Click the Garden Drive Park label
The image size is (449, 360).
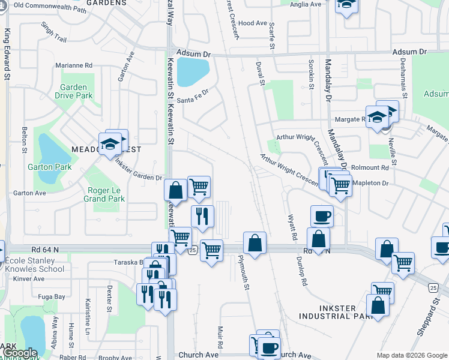pyautogui.click(x=74, y=91)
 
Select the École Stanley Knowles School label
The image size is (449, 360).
pyautogui.click(x=34, y=265)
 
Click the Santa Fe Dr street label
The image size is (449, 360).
pyautogui.click(x=196, y=93)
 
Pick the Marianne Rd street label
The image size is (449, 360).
pyautogui.click(x=74, y=65)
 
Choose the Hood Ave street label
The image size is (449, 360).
pyautogui.click(x=252, y=23)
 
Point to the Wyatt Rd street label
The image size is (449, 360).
pyautogui.click(x=292, y=228)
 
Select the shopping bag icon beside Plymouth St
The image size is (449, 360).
pyautogui.click(x=255, y=243)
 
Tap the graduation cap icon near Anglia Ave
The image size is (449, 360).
pyautogui.click(x=346, y=5)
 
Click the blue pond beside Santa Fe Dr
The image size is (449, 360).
pyautogui.click(x=193, y=72)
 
